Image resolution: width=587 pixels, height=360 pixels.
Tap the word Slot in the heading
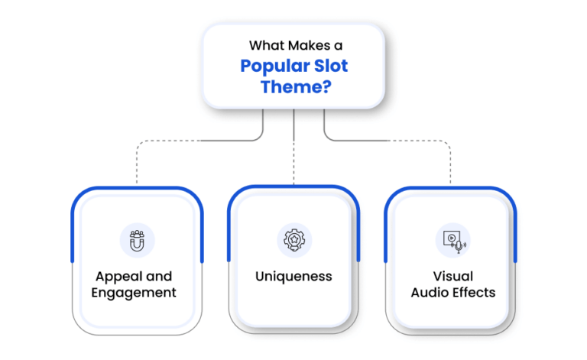click(x=331, y=66)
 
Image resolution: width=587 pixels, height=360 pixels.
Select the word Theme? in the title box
click(x=296, y=87)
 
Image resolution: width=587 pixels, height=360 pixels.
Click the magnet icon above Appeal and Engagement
click(x=137, y=241)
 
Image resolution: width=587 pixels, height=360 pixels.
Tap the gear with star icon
click(x=294, y=240)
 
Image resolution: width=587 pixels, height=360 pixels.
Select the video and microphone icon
click(x=454, y=242)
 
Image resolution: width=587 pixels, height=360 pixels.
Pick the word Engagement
click(x=134, y=293)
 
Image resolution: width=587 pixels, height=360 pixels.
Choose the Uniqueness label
click(x=293, y=277)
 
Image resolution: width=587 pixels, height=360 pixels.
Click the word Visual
click(x=453, y=276)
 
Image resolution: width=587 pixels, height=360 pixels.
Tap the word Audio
click(x=429, y=292)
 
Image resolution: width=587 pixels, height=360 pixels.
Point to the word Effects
click(x=473, y=292)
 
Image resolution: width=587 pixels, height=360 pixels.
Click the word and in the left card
click(x=159, y=277)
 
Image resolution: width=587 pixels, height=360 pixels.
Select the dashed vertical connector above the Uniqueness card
click(x=293, y=163)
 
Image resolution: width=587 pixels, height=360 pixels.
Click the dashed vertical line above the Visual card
click(x=450, y=164)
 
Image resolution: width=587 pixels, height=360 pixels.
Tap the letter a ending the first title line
click(x=339, y=47)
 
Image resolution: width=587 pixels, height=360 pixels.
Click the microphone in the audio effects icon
click(x=459, y=247)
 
